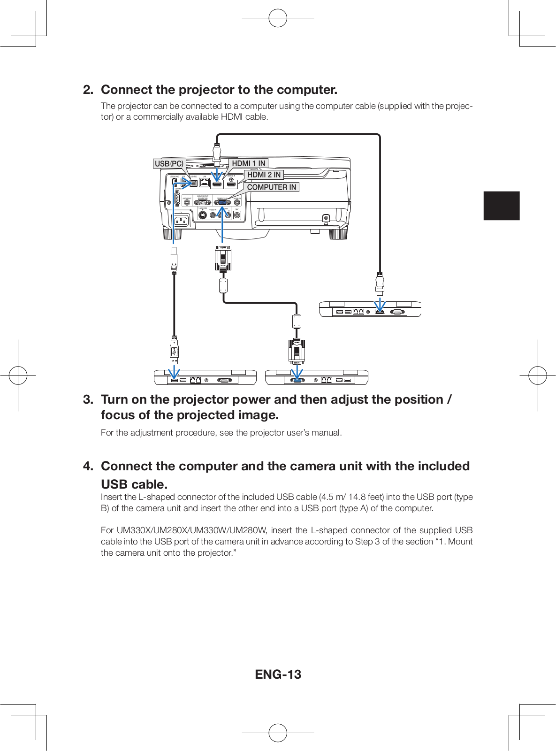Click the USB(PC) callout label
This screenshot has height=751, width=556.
pos(169,163)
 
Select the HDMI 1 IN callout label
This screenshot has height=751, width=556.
pos(248,163)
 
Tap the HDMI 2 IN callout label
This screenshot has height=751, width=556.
pos(264,175)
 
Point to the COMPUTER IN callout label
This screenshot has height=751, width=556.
pos(271,187)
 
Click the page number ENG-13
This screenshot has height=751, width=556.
pos(278,674)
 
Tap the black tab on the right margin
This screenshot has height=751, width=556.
pos(502,206)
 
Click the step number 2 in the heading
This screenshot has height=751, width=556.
pos(88,90)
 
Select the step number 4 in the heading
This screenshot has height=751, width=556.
pos(88,466)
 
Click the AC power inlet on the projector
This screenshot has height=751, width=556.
pos(181,221)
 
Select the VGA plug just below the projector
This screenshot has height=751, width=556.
pos(223,259)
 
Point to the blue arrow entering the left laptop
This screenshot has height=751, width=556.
pos(174,374)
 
